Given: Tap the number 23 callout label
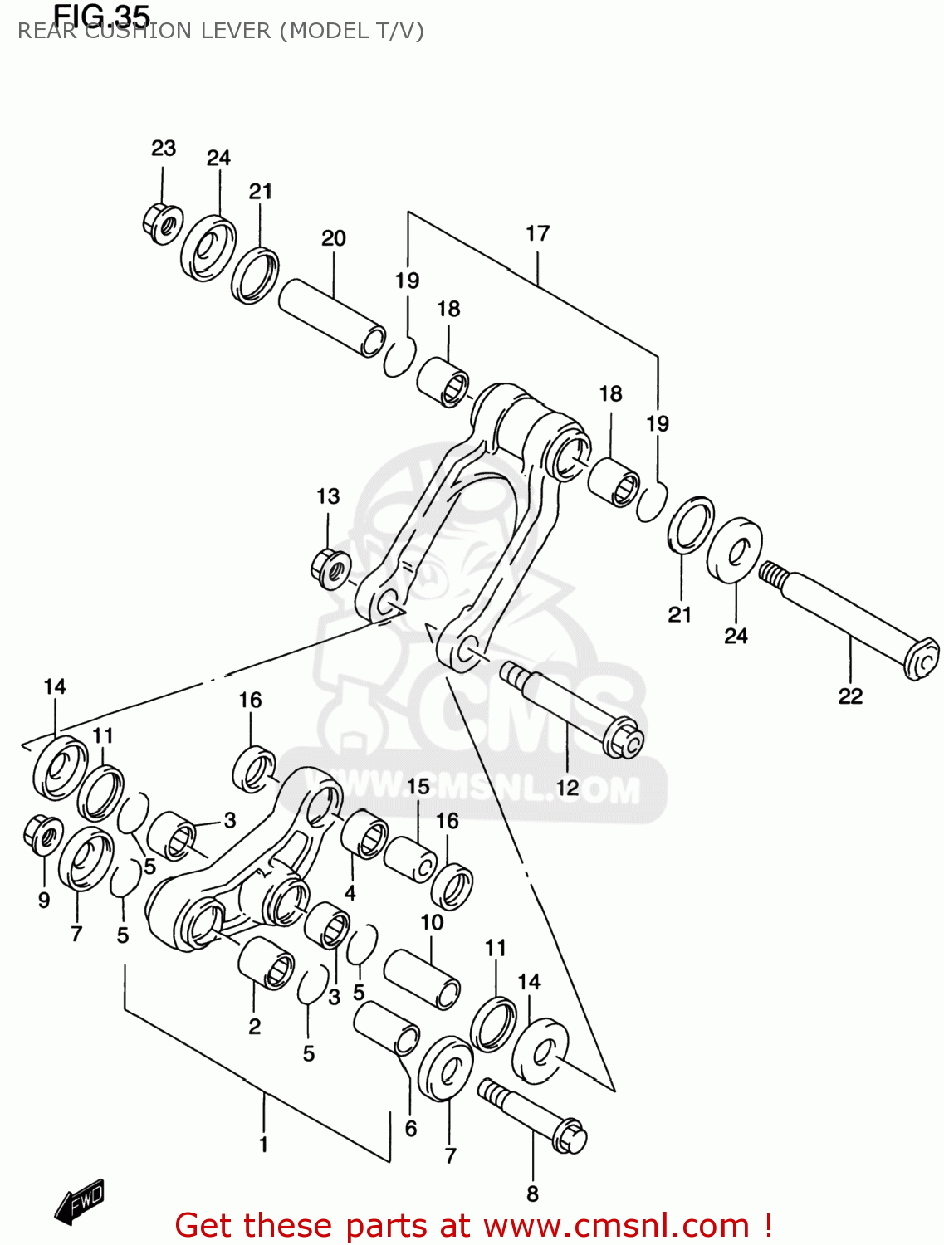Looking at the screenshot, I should [x=164, y=148].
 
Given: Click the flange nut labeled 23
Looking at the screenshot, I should [x=162, y=222].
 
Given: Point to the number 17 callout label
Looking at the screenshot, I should [x=537, y=233].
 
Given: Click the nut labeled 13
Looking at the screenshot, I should [x=330, y=569].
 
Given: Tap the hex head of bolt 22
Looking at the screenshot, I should [x=921, y=660].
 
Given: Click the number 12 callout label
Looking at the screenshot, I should [x=567, y=787].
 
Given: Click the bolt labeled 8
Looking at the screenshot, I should [x=531, y=1116].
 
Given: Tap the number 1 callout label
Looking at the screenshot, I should [x=263, y=1145].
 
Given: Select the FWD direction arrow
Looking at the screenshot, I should [x=80, y=1201].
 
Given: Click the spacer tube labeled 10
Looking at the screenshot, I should [x=421, y=979].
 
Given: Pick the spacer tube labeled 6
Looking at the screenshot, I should [x=387, y=1028].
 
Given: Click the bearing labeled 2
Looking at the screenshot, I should [x=266, y=964].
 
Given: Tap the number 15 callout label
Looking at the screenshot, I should [x=418, y=785].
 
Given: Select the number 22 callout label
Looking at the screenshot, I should [x=850, y=696].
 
